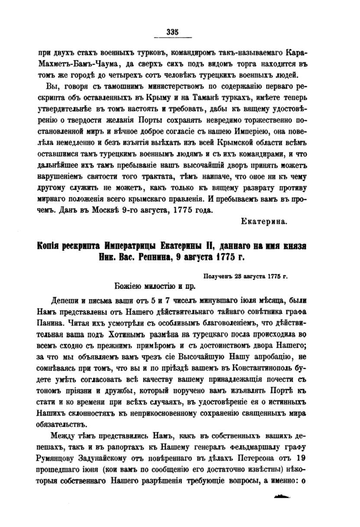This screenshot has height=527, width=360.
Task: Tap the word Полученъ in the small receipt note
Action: coord(219,276)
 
